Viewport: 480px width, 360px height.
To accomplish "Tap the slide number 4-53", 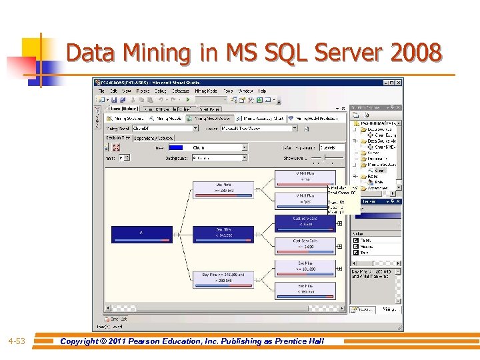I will [17, 341].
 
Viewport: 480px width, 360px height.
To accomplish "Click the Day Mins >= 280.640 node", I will [223, 189].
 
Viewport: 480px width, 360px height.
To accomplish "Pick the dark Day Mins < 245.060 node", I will [223, 234].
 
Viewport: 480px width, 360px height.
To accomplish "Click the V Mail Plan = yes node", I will [305, 199].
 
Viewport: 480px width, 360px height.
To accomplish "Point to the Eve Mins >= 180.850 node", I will [305, 267].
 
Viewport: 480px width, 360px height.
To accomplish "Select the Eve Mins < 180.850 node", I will [305, 289].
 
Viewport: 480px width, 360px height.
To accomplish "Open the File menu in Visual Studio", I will [101, 91].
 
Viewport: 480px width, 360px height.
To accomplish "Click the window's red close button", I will [398, 83].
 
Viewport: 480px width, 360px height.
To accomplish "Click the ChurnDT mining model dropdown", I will [165, 128].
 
